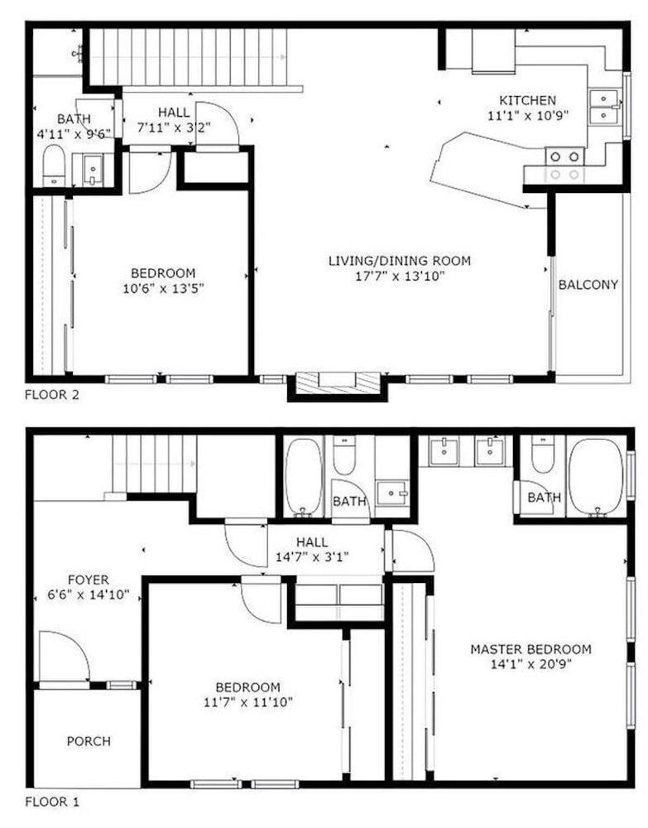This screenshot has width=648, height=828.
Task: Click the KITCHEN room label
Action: point(528,100)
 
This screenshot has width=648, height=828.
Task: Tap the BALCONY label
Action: point(588,285)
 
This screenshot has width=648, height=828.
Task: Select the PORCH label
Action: point(89,741)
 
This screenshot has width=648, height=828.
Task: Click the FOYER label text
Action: point(88,580)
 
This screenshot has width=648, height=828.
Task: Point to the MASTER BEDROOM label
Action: point(530,649)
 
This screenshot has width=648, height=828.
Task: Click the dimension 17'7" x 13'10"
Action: point(401,276)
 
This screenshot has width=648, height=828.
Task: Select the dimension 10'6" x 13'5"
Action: point(163,288)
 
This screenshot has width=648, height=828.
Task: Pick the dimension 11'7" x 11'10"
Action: point(247,702)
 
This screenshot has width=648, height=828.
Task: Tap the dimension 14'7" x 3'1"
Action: point(312,556)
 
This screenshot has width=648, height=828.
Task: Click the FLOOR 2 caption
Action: point(51,394)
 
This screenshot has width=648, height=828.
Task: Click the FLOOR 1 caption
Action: point(51,802)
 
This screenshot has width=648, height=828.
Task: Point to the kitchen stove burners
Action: point(564,166)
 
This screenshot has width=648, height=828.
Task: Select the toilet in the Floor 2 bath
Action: point(53,166)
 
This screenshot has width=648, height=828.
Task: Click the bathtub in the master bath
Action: point(596,476)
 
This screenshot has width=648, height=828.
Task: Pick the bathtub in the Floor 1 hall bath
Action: point(303,476)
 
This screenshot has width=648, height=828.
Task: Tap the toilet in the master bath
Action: point(542,455)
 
